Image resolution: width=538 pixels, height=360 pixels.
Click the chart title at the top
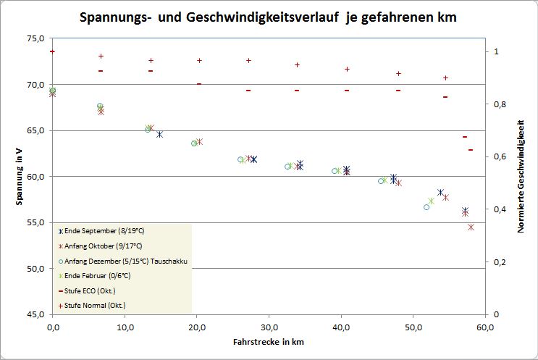point(269,17)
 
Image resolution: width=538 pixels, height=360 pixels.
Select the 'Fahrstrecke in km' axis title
point(269,340)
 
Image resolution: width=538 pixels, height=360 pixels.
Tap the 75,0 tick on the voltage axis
point(35,38)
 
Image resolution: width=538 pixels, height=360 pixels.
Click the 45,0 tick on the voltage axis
point(35,314)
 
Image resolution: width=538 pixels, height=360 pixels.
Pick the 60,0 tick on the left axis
point(35,176)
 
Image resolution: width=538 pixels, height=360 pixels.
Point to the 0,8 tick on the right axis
point(500,104)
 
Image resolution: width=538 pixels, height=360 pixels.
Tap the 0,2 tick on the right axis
point(500,261)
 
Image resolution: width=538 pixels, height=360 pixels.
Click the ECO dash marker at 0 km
point(53,51)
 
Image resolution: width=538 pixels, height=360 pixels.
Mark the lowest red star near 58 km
point(471,227)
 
